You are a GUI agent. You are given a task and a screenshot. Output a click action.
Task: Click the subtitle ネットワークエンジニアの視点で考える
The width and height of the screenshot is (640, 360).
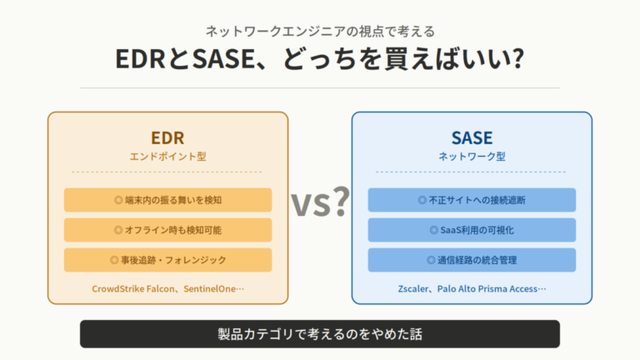point(320,32)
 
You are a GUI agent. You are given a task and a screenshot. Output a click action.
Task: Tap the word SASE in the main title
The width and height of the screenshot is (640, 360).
point(219,62)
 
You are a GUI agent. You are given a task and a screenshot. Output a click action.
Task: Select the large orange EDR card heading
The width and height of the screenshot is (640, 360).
point(167,137)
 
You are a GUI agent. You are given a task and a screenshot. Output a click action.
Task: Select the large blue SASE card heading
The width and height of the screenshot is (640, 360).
point(472,137)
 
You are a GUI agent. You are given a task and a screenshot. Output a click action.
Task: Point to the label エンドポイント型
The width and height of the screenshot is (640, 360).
point(167,156)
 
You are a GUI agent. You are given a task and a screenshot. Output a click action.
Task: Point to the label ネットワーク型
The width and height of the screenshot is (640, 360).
point(472,156)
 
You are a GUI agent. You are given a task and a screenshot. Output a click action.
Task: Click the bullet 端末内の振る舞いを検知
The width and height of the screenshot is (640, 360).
point(167,200)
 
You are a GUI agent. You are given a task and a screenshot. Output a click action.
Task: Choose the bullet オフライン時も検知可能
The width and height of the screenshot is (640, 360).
point(167,230)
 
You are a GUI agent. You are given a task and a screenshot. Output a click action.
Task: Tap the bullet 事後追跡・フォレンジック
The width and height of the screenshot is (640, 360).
point(167,260)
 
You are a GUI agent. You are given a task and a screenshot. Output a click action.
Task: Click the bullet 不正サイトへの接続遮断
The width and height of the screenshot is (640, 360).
point(472,200)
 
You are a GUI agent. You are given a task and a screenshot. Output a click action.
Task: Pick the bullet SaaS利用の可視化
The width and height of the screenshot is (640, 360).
point(472,230)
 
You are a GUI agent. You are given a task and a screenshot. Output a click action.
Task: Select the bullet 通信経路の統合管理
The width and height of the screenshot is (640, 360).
point(472,260)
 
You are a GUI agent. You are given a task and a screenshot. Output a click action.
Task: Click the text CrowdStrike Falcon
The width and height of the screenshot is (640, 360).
point(131,289)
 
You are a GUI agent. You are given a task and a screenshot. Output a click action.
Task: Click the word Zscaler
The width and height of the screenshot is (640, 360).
point(414,289)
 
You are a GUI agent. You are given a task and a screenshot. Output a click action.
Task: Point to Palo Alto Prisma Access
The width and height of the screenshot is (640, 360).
point(489,289)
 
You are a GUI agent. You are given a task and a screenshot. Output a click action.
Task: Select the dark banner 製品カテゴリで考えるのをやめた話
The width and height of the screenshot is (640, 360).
point(320,334)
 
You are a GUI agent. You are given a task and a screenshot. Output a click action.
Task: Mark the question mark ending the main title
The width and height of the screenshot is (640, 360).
point(517,62)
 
